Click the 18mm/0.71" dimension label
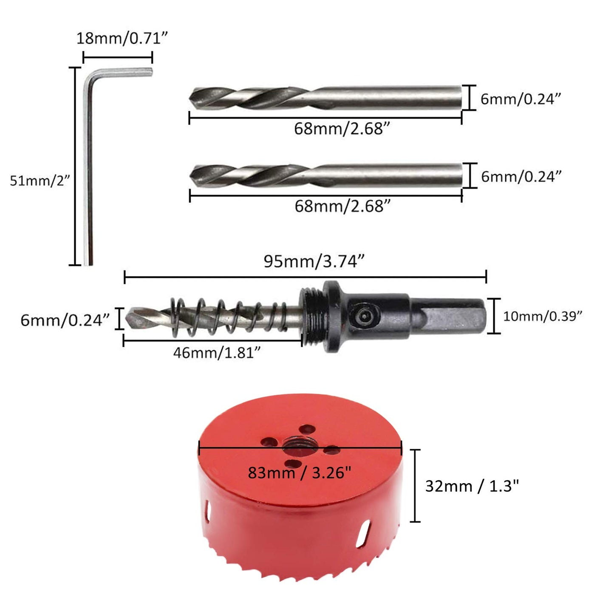pos(122,39)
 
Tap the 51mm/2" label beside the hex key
pos(39,181)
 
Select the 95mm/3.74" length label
pos(314,261)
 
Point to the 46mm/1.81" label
pos(216,353)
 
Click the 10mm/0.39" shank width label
pos(542,316)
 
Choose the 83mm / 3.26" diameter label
pos(300,473)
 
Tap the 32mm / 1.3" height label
pos(472,486)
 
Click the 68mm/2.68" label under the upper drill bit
pos(342,128)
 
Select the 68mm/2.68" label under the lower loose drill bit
pos(342,207)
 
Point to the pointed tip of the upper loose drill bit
pos(194,96)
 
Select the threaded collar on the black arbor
pos(312,317)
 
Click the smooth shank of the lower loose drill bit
pos(391,175)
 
